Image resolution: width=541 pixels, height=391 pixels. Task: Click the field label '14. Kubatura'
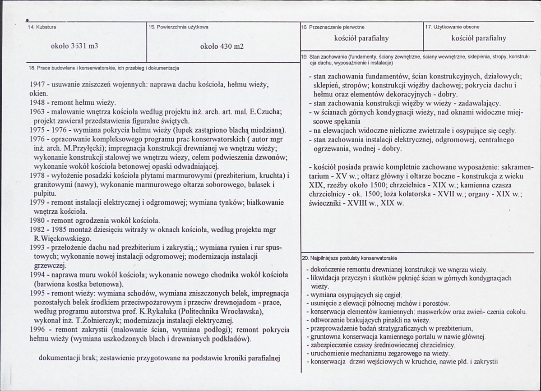(42, 28)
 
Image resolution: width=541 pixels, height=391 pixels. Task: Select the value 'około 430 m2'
(222, 46)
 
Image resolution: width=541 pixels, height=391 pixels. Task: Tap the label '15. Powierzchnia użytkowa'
(179, 28)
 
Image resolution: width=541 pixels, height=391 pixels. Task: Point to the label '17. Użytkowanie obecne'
(453, 28)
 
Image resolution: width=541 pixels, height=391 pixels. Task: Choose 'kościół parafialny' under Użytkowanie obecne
(478, 38)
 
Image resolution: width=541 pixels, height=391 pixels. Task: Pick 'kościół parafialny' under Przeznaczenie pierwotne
(361, 38)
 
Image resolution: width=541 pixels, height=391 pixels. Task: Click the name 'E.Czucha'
(267, 112)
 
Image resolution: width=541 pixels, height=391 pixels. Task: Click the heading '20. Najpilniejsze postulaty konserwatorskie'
(349, 258)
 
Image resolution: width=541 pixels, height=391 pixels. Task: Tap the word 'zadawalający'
(473, 103)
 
